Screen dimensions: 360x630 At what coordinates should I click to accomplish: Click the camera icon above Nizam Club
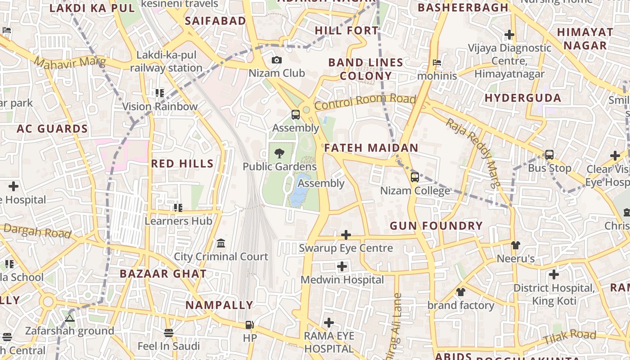(x=277, y=60)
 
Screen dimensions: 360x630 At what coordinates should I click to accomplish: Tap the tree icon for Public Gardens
(x=279, y=153)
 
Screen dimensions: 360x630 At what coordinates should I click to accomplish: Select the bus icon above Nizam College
(x=415, y=177)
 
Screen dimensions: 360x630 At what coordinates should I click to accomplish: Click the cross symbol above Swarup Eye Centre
(x=346, y=235)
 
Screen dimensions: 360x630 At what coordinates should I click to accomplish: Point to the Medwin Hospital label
(x=342, y=280)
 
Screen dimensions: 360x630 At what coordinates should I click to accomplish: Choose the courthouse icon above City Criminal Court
(x=221, y=243)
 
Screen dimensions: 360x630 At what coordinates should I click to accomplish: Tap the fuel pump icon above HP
(x=249, y=324)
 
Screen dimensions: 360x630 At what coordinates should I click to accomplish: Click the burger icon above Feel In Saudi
(x=169, y=333)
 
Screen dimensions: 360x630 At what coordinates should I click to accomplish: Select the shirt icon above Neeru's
(x=515, y=245)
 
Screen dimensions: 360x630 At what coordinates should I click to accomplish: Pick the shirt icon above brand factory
(x=460, y=292)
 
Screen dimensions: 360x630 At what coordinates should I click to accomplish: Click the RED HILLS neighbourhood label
(x=182, y=164)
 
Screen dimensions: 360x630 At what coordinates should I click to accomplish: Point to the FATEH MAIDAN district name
(x=371, y=148)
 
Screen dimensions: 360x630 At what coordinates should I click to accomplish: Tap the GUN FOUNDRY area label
(x=436, y=226)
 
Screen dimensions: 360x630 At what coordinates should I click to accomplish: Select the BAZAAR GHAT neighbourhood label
(x=163, y=274)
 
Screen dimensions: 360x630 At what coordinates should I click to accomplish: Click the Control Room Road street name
(x=364, y=102)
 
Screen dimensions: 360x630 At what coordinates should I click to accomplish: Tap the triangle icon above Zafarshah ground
(x=69, y=318)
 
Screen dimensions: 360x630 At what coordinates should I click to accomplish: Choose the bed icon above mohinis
(x=436, y=63)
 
